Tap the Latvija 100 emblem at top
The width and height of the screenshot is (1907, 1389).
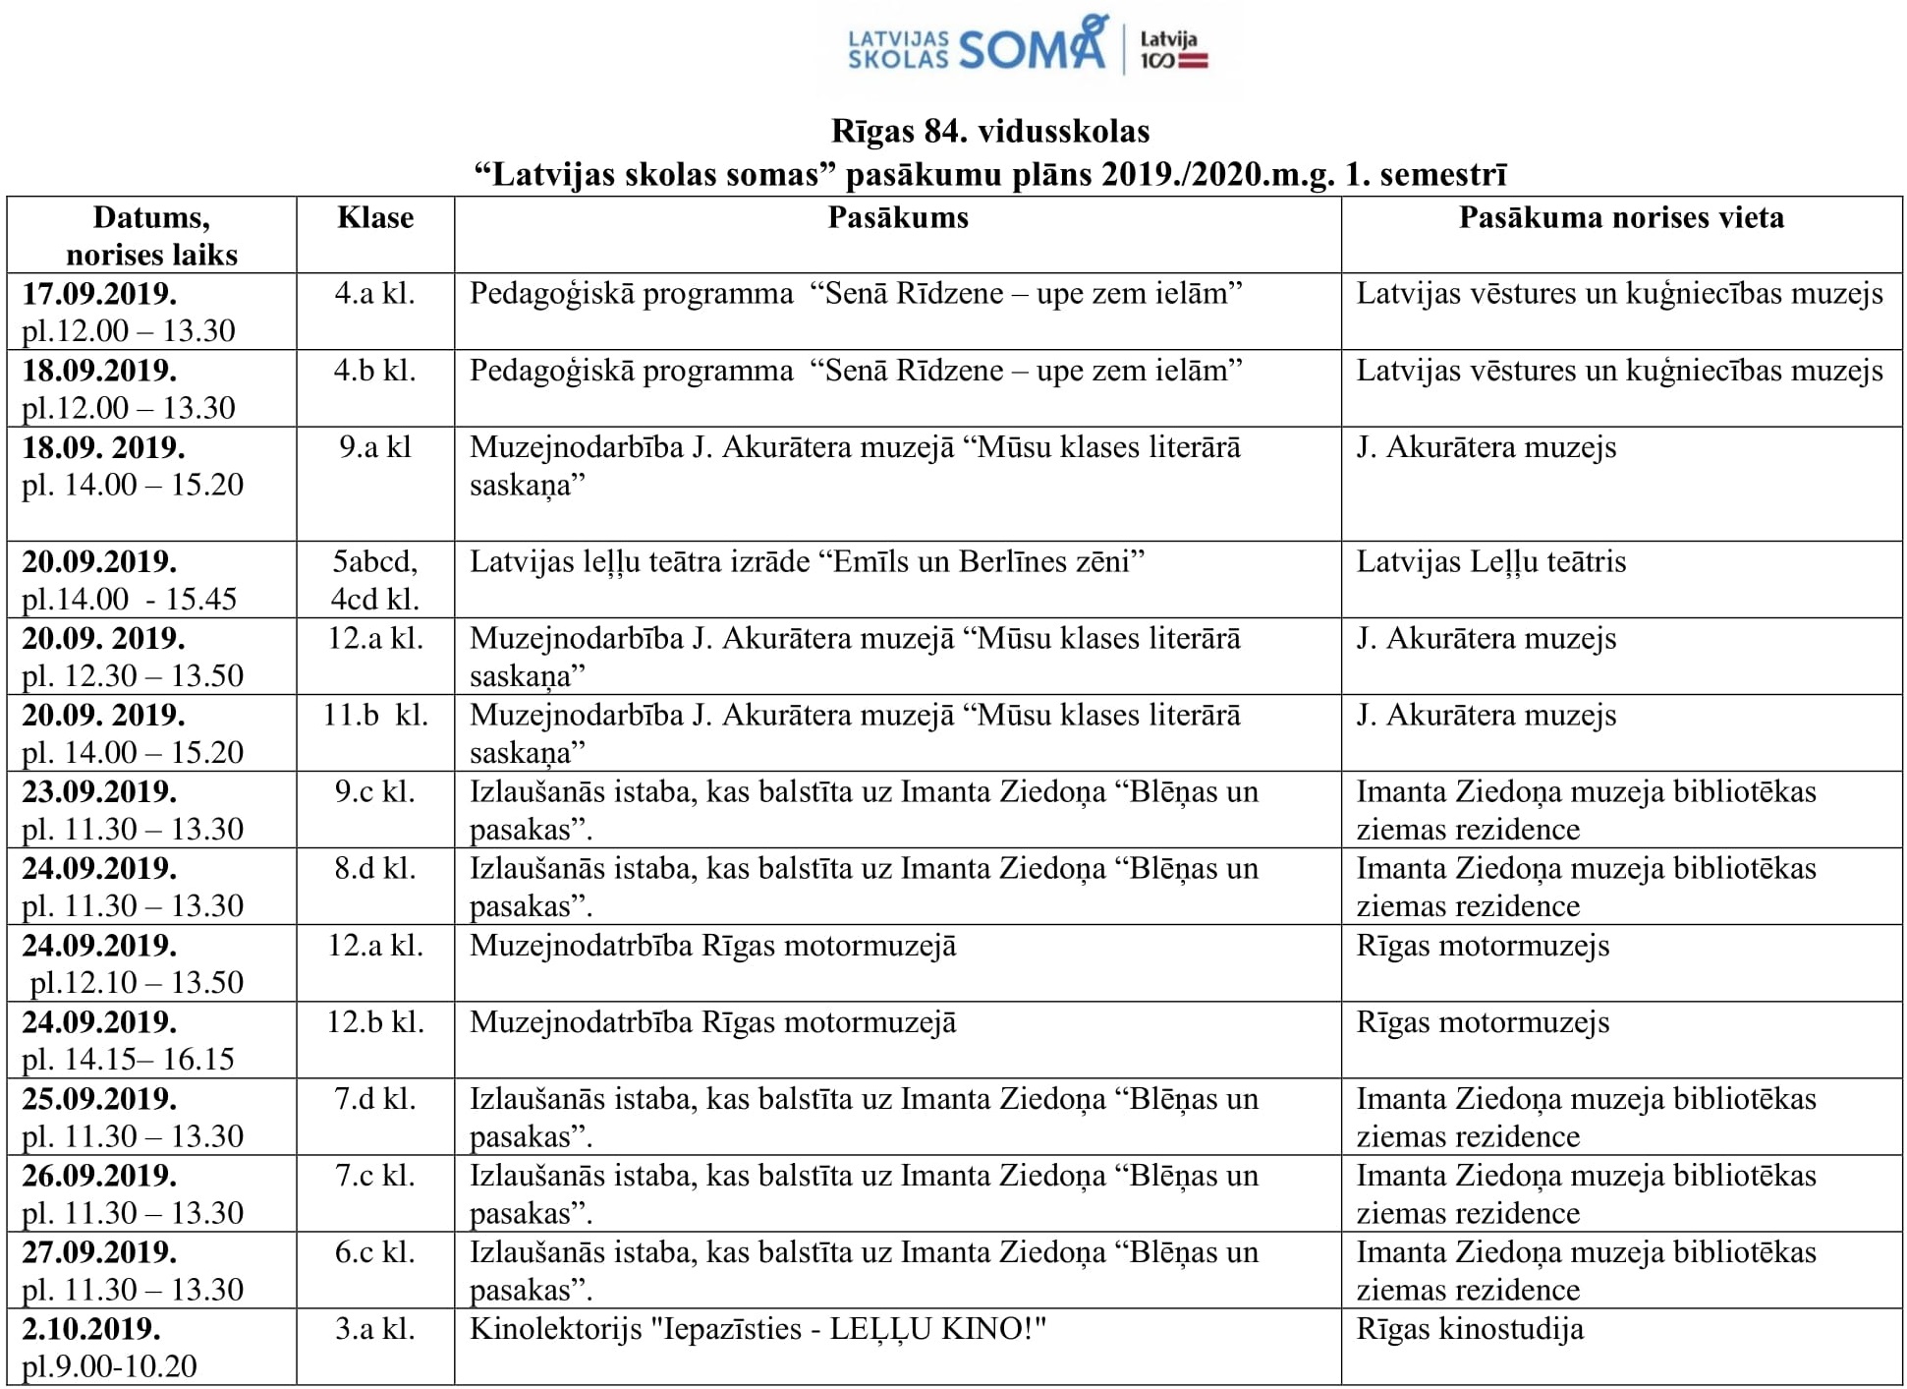[1172, 50]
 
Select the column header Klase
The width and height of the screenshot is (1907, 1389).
[375, 217]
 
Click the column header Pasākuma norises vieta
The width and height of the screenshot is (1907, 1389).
[1621, 217]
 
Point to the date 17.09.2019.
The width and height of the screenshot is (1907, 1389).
[99, 294]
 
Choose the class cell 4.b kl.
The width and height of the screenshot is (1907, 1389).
[375, 371]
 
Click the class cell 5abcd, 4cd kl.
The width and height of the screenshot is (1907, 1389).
[375, 580]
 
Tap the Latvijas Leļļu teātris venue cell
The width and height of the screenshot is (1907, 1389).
[1490, 561]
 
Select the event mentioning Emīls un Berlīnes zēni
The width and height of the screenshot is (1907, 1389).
[807, 561]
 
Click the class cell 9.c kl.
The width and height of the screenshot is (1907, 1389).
[375, 791]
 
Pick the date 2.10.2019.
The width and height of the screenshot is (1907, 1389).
[91, 1329]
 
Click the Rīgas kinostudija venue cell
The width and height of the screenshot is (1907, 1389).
[1470, 1329]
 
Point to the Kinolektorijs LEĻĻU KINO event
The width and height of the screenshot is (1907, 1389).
[757, 1329]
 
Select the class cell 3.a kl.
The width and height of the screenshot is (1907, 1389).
[375, 1329]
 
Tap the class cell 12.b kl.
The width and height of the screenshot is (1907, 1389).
[375, 1022]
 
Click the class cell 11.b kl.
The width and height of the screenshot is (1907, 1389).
[375, 715]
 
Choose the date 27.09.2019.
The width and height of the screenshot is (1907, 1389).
[99, 1252]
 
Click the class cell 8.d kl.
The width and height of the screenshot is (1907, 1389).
[375, 868]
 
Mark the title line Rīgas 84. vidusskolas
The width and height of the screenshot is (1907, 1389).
[990, 131]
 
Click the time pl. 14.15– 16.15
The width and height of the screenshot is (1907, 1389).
[129, 1060]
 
